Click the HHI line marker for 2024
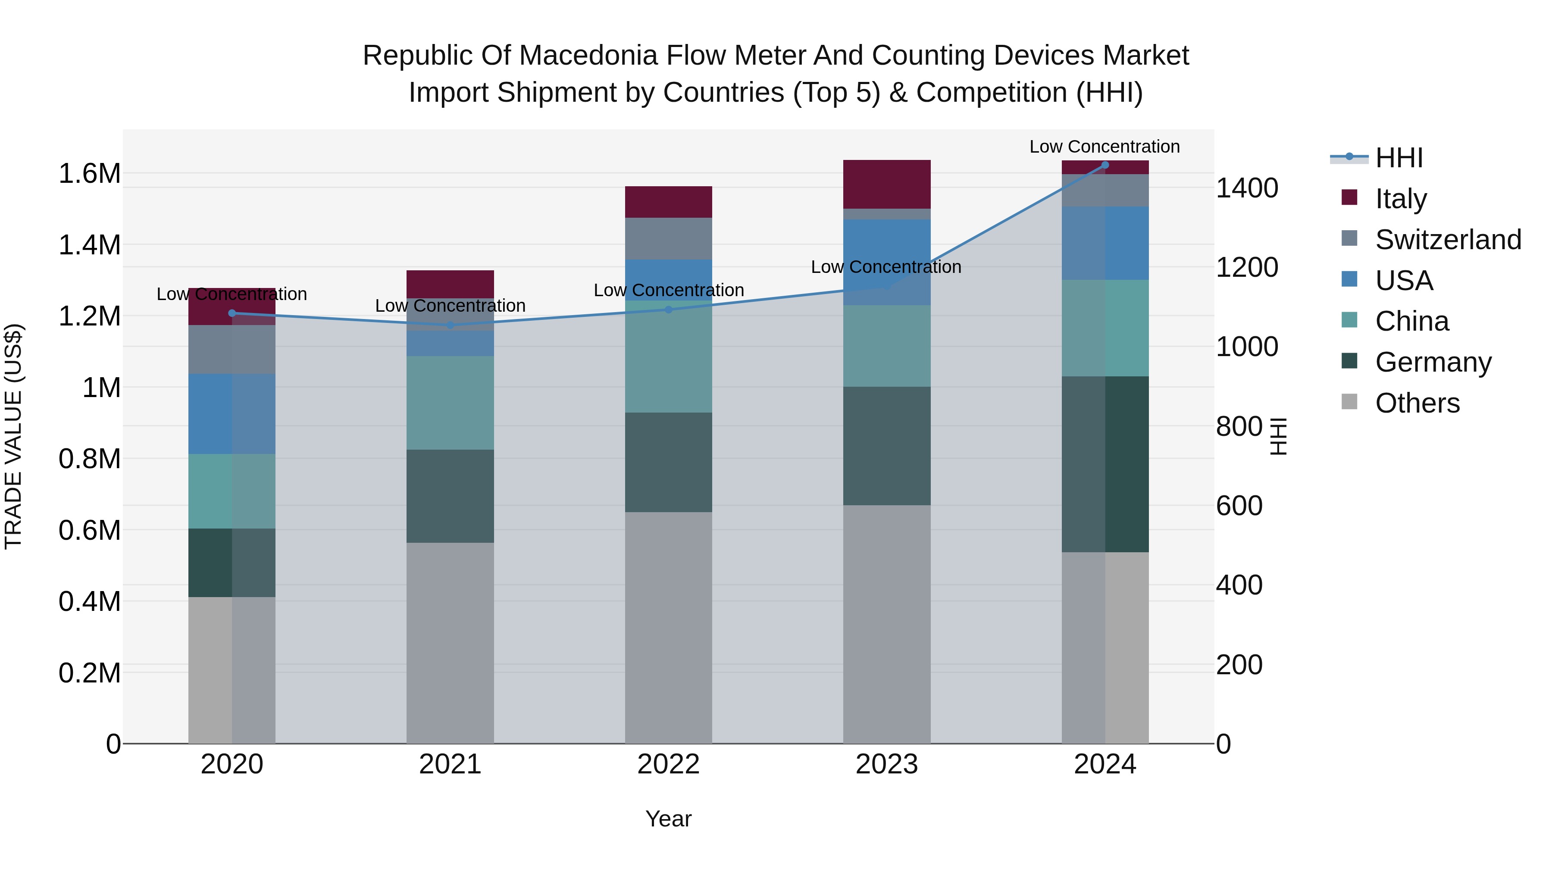point(1105,165)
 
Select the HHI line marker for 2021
point(450,325)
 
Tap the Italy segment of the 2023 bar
point(886,185)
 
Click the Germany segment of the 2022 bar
point(668,462)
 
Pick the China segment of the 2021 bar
point(450,403)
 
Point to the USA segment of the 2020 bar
point(232,413)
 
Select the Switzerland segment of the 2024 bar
point(1105,191)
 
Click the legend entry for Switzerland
point(1447,240)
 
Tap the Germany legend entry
point(1433,362)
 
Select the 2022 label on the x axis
point(668,764)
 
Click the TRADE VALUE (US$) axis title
point(13,436)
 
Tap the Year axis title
point(668,819)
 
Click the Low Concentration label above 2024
point(1105,147)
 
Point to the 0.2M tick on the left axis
point(89,673)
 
